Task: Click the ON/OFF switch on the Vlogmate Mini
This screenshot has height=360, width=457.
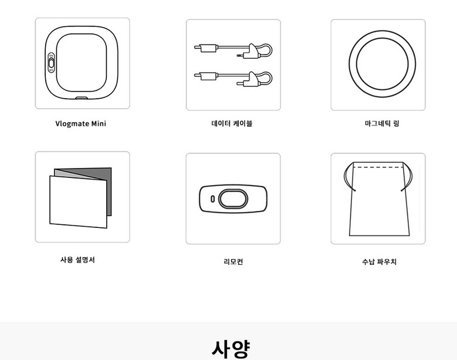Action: click(x=51, y=63)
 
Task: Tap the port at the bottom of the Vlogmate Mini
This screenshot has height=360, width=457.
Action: click(x=82, y=98)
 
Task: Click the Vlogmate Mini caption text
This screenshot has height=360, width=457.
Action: click(x=81, y=123)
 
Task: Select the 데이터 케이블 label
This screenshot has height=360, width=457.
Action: click(x=232, y=123)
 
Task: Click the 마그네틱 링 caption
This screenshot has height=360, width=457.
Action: click(x=382, y=123)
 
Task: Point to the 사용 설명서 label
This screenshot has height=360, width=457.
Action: click(x=77, y=260)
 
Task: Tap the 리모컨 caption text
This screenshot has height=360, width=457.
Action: click(x=233, y=262)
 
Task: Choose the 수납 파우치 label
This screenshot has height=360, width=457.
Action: click(x=379, y=262)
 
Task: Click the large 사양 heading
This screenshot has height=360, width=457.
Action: click(x=231, y=349)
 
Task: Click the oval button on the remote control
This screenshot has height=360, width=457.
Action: click(x=233, y=199)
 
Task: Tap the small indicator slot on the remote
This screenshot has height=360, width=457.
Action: click(x=212, y=199)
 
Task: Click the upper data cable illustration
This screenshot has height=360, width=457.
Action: click(x=233, y=51)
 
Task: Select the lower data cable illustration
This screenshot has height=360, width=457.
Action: click(x=233, y=79)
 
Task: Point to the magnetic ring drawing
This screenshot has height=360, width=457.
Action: click(x=382, y=35)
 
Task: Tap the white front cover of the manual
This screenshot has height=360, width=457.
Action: click(x=78, y=201)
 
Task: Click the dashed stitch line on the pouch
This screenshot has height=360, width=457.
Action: click(x=378, y=167)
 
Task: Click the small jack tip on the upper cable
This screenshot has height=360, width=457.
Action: click(x=239, y=55)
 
